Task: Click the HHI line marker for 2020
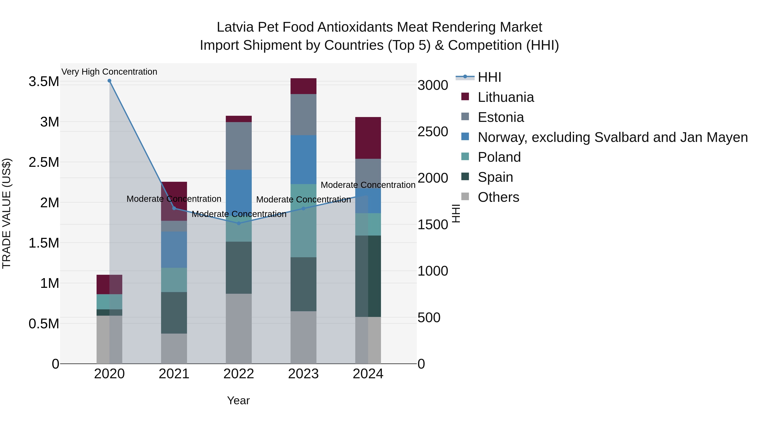[x=109, y=81]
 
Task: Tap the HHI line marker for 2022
[x=239, y=223]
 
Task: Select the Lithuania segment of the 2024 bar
[x=368, y=138]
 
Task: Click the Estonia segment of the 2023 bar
[x=303, y=115]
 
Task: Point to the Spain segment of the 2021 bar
[x=174, y=313]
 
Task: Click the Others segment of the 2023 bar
[x=303, y=337]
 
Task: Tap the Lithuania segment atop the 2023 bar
[x=303, y=86]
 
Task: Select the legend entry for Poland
[x=499, y=157]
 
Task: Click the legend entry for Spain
[x=495, y=177]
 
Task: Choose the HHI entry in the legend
[x=489, y=77]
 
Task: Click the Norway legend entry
[x=612, y=137]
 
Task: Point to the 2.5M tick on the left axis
[x=44, y=162]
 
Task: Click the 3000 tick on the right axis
[x=433, y=85]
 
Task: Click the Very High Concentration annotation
[x=109, y=72]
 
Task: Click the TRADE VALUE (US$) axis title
[x=7, y=213]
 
